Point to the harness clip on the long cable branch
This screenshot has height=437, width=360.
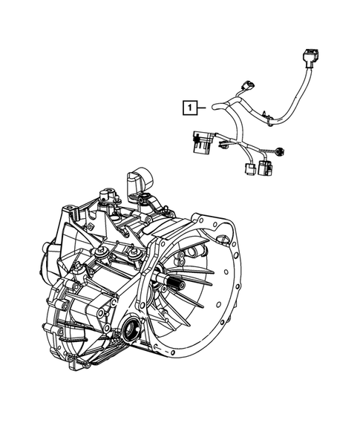(265, 114)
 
